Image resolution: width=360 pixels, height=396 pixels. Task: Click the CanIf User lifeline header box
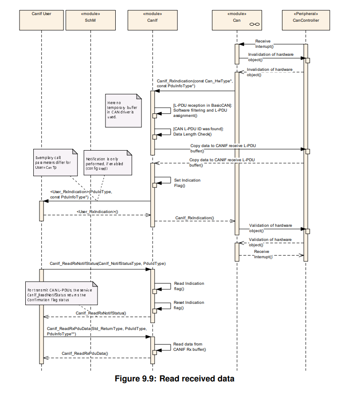[42, 20]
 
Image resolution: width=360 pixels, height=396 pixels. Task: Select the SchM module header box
[90, 20]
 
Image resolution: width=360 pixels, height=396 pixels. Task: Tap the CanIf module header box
[153, 20]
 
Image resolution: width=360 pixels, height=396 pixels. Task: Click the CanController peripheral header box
[306, 20]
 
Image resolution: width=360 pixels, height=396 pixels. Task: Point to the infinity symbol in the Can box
[254, 24]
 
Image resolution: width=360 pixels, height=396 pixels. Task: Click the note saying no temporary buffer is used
[123, 111]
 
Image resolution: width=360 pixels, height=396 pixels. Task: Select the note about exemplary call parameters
[55, 163]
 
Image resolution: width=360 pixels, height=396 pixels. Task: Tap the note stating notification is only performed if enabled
[108, 163]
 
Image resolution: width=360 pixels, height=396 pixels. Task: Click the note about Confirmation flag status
[62, 293]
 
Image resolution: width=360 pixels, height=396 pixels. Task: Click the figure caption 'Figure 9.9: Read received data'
[174, 379]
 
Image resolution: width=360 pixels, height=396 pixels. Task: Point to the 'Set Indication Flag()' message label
[187, 183]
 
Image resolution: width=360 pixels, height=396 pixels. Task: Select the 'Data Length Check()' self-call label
[192, 134]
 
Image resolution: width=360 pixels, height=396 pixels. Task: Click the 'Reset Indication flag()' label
[189, 305]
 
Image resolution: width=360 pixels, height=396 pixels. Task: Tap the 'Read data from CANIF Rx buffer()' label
[190, 347]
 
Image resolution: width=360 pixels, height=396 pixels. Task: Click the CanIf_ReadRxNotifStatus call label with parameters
[108, 264]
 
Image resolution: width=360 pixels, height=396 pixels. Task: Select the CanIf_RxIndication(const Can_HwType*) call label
[195, 83]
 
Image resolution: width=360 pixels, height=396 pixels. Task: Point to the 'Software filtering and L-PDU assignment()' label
[200, 113]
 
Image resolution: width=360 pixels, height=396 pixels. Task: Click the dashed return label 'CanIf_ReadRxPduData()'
[85, 353]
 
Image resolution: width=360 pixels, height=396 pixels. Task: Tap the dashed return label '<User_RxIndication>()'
[98, 212]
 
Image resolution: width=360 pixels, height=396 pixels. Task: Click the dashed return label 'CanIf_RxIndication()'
[195, 217]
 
